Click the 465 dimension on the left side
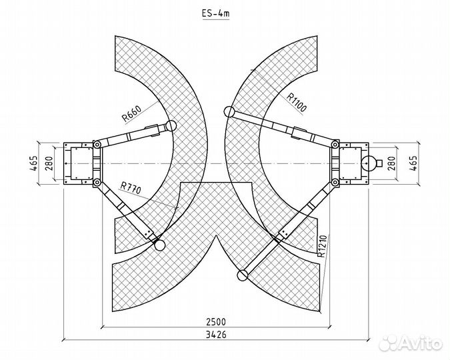(x=33, y=163)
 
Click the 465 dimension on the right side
(x=413, y=163)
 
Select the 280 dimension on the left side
(x=48, y=163)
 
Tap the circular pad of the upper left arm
(x=172, y=125)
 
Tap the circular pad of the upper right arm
(x=230, y=112)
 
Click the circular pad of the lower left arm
(x=159, y=246)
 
